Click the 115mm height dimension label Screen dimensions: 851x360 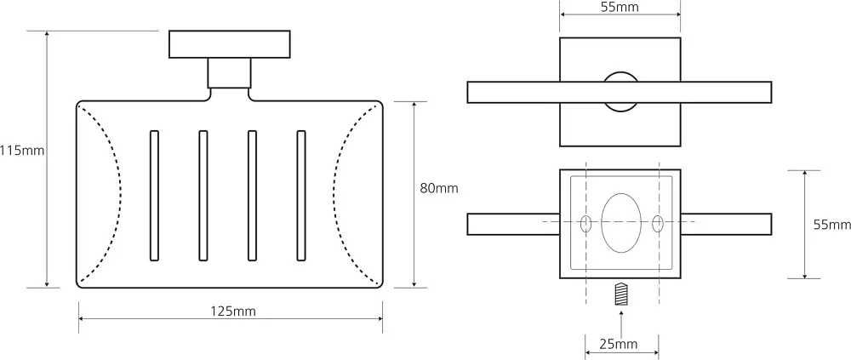(x=22, y=151)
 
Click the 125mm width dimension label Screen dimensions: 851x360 (x=233, y=311)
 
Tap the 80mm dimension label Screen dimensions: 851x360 (x=439, y=188)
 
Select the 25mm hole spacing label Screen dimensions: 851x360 (x=618, y=344)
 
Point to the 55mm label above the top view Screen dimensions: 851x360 (x=620, y=7)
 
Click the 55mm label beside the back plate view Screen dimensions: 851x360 (x=832, y=225)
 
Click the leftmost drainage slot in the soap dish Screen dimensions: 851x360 (x=155, y=196)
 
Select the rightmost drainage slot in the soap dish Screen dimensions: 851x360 (x=301, y=196)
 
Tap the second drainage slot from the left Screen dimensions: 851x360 (x=203, y=196)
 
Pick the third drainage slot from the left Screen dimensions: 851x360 (x=253, y=196)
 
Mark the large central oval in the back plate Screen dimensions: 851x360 (x=621, y=223)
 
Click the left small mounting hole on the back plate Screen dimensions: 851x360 (x=586, y=224)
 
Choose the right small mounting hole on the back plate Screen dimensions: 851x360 (x=658, y=224)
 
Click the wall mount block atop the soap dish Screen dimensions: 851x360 (x=230, y=44)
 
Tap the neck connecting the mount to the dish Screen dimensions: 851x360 (x=230, y=72)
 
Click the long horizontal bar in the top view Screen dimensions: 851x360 (x=620, y=92)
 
